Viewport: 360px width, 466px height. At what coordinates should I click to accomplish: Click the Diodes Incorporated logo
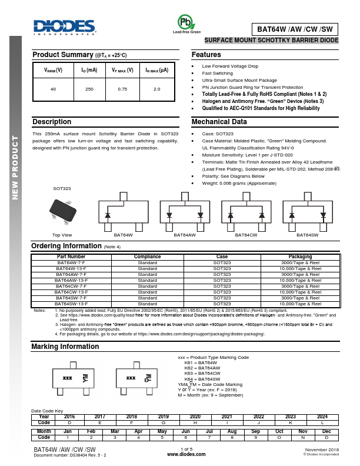(64, 26)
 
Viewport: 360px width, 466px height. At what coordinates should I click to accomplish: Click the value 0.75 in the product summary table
(122, 89)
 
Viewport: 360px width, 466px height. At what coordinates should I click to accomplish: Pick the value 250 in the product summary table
(89, 89)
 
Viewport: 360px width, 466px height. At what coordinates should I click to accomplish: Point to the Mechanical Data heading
(219, 122)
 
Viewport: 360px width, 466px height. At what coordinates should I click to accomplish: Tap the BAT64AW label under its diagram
(185, 235)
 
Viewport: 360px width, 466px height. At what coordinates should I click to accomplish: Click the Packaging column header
(301, 257)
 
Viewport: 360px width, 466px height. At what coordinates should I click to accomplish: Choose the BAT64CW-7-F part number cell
(71, 287)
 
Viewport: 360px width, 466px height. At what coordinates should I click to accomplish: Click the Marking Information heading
(65, 347)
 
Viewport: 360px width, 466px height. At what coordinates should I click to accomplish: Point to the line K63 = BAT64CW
(202, 374)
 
